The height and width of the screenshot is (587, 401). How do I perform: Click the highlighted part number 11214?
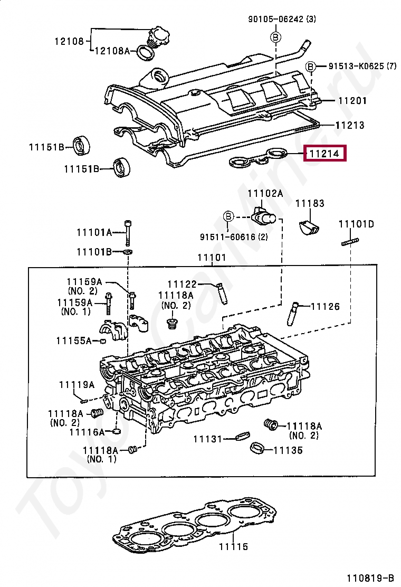(x=324, y=154)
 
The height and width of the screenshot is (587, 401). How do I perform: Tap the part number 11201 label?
(x=352, y=100)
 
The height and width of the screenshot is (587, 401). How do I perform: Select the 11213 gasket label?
(x=350, y=125)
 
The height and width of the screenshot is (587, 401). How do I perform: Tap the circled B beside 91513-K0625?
(x=311, y=67)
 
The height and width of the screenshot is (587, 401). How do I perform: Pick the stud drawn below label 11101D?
(x=350, y=242)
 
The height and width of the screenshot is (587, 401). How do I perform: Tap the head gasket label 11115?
(x=233, y=546)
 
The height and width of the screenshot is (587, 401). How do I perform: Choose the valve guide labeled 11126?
(x=293, y=314)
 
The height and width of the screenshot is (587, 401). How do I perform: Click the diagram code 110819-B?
(x=370, y=578)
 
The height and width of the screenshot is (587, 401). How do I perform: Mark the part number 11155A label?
(x=74, y=340)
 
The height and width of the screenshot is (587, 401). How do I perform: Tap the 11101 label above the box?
(x=212, y=258)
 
